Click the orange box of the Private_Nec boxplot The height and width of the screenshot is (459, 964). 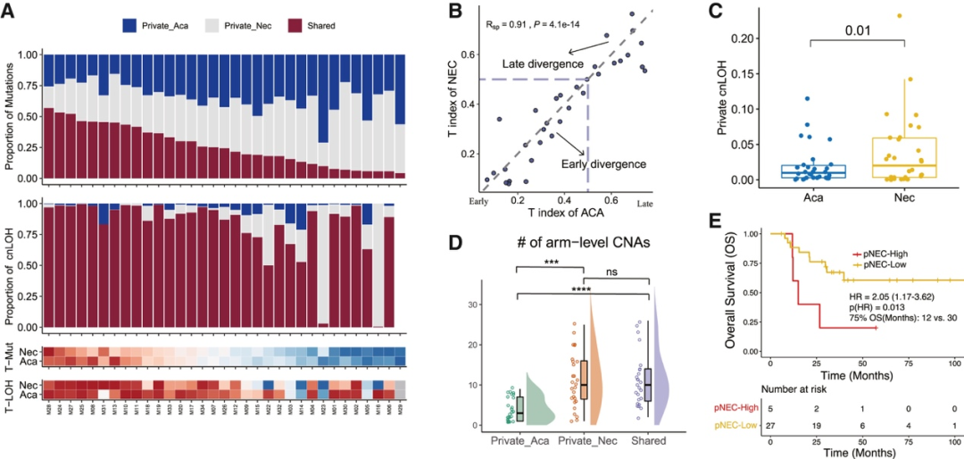click(585, 380)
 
